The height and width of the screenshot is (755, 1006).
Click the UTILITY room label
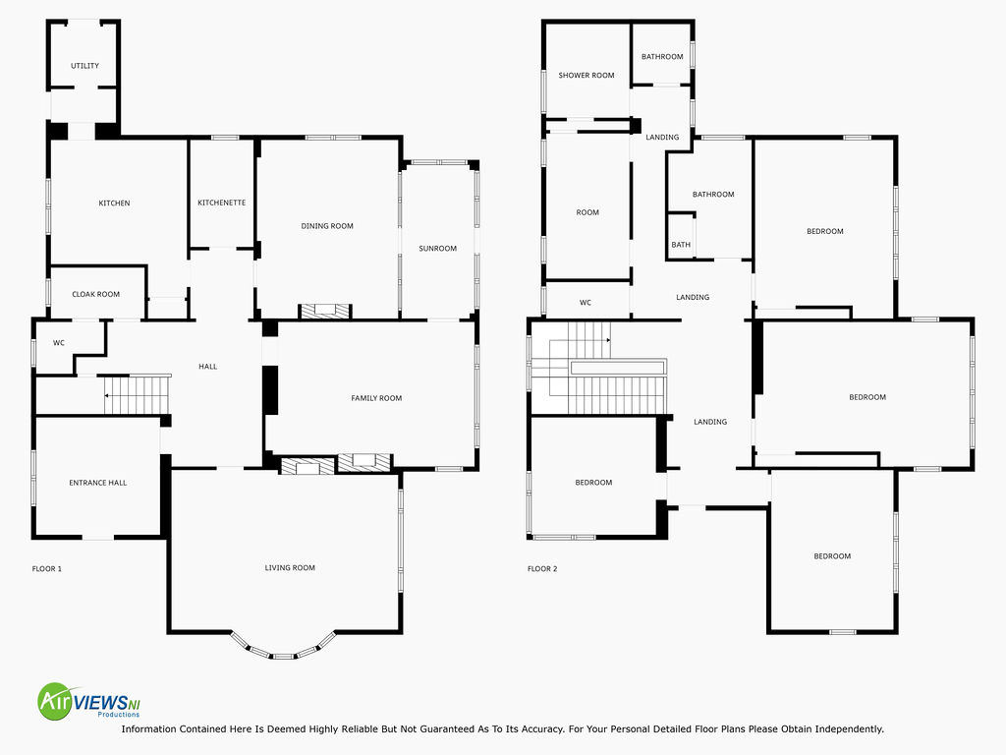click(x=84, y=66)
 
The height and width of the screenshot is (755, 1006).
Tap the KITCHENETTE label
click(x=221, y=203)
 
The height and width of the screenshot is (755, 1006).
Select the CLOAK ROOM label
click(x=95, y=294)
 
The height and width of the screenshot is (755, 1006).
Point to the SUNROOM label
click(x=437, y=249)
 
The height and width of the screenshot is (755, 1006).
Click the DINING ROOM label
click(x=327, y=226)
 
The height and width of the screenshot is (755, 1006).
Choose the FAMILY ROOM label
click(x=376, y=398)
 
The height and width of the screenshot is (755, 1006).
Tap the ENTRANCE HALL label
click(x=97, y=483)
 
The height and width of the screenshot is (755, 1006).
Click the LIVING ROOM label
click(x=290, y=567)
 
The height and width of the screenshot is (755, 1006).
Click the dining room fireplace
click(x=325, y=312)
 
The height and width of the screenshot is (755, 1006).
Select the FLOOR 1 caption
click(x=47, y=569)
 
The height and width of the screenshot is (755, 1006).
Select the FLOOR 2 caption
click(x=542, y=569)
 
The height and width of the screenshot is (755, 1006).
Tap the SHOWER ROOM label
click(x=587, y=75)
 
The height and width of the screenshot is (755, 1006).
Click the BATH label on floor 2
click(x=681, y=245)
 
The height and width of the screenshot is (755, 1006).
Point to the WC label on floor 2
click(x=586, y=303)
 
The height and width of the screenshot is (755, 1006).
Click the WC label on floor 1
click(x=58, y=343)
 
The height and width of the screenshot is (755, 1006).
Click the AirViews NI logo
click(x=89, y=701)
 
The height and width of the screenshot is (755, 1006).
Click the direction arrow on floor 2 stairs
click(x=607, y=340)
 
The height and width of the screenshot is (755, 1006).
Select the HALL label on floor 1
click(x=208, y=367)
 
